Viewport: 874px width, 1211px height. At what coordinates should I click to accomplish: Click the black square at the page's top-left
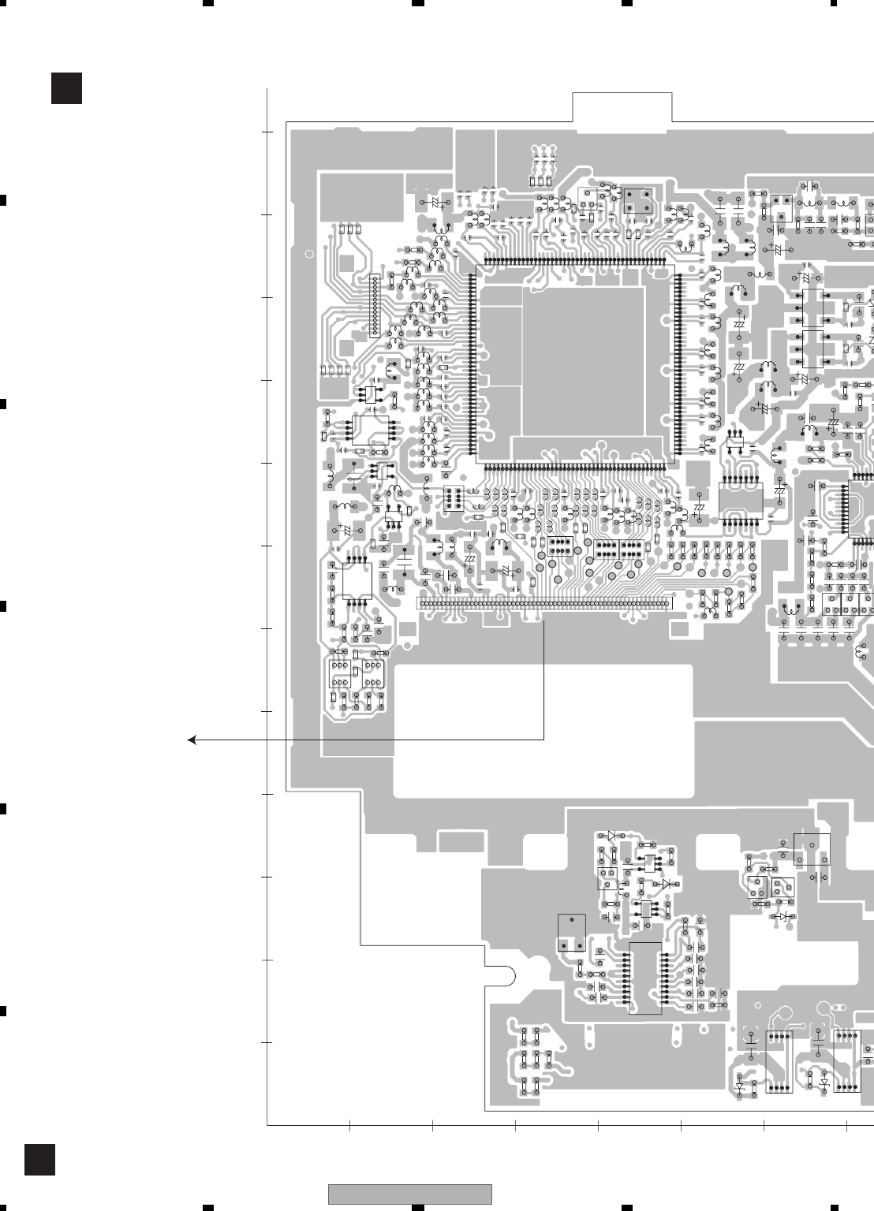click(66, 88)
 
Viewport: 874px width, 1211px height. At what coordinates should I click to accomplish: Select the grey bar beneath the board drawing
click(410, 1194)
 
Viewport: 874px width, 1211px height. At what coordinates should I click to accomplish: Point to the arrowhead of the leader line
click(191, 740)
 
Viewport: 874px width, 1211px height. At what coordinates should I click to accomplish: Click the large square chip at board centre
click(575, 363)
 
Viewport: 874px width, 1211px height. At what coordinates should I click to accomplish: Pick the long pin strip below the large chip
click(544, 605)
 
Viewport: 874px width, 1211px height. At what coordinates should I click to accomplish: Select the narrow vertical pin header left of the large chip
click(375, 306)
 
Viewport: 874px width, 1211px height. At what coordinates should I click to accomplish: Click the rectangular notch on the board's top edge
click(622, 107)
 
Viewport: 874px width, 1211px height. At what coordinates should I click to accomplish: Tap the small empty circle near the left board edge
click(309, 254)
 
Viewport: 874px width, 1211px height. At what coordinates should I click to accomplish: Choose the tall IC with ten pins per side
click(645, 978)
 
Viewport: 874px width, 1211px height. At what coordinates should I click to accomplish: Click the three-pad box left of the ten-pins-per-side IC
click(571, 933)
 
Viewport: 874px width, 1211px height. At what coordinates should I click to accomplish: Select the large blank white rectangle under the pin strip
click(543, 730)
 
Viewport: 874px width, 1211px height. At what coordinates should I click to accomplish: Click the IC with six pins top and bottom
click(741, 499)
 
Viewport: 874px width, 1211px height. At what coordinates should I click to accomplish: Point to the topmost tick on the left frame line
click(267, 132)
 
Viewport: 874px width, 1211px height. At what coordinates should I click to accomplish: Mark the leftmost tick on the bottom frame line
click(349, 1125)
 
